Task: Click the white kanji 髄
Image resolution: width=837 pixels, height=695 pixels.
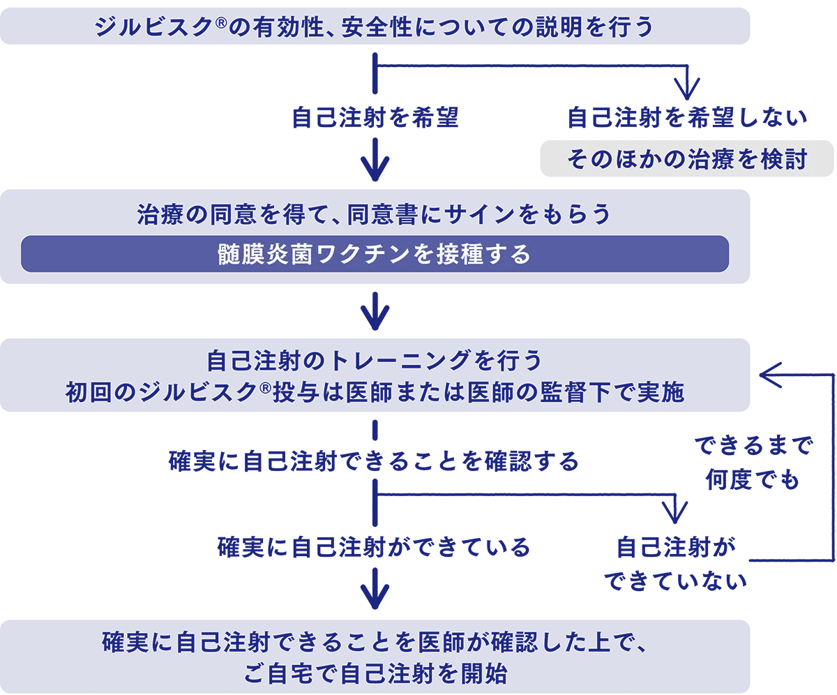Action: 229,255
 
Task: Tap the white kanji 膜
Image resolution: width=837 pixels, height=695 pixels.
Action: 254,255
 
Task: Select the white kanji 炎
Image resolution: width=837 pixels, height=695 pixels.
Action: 278,255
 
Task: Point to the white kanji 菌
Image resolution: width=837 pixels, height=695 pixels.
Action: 303,255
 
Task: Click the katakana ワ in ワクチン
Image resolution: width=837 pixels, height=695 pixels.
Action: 327,255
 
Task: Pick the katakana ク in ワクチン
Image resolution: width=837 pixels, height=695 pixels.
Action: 351,255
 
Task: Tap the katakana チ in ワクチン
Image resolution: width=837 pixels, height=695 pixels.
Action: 375,255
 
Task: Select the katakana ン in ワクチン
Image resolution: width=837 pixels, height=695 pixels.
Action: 399,255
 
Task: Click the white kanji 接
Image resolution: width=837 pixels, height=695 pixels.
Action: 447,255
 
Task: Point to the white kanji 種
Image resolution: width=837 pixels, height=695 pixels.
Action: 472,255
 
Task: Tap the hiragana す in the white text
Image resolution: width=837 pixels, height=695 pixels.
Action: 496,255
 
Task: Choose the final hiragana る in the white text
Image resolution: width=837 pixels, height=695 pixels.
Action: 520,255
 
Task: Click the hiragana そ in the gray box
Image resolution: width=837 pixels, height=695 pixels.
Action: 578,160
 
